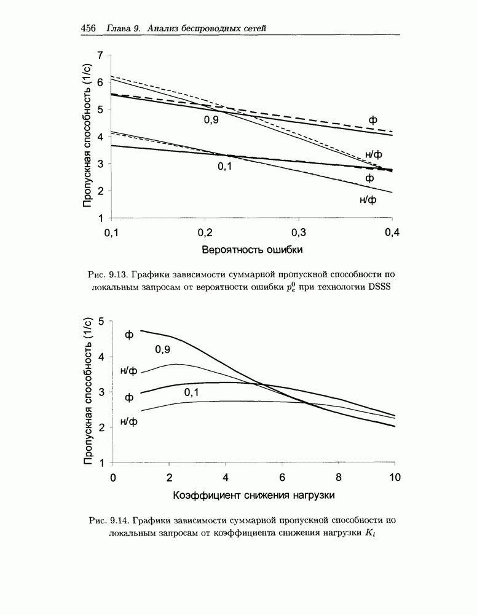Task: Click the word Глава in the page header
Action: [x=119, y=29]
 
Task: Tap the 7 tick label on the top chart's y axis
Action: [x=100, y=55]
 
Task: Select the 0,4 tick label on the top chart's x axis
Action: [x=392, y=232]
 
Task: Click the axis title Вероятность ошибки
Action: [x=252, y=250]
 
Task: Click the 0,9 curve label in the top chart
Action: [x=211, y=120]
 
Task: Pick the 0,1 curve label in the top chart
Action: [x=225, y=166]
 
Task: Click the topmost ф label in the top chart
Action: [x=373, y=119]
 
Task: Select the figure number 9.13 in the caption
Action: [x=115, y=275]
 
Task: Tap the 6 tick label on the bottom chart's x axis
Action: [x=282, y=478]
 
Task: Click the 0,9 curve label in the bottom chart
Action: [x=162, y=349]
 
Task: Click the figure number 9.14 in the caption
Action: [x=116, y=520]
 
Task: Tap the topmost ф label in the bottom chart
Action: [x=129, y=335]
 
